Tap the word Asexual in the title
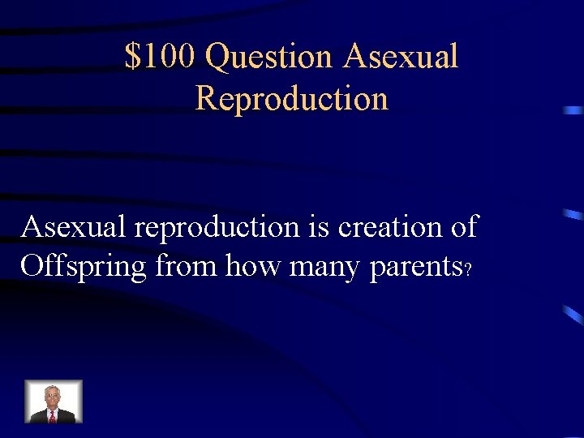click(401, 57)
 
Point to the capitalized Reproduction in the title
click(292, 99)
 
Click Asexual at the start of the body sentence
click(74, 227)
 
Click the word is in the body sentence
click(319, 227)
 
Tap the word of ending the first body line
click(463, 227)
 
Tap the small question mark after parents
click(467, 271)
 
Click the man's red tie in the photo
click(54, 414)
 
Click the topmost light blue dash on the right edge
click(573, 109)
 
